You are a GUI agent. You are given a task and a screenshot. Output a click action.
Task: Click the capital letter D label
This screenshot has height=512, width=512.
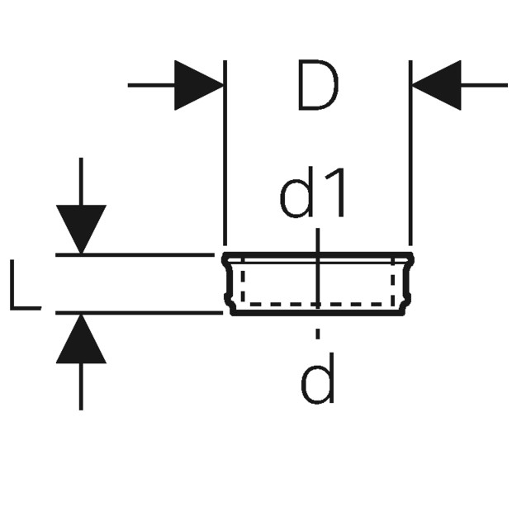tap(318, 85)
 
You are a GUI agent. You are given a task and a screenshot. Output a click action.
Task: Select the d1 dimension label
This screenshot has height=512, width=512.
tap(313, 192)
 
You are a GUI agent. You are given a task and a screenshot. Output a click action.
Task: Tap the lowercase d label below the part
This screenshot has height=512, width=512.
tap(318, 378)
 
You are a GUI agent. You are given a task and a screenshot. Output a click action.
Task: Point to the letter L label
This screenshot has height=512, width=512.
tap(26, 285)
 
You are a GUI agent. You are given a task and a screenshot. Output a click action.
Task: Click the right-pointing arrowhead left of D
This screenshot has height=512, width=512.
tap(199, 85)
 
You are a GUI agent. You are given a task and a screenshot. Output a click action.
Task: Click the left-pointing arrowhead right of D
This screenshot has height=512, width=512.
tap(436, 85)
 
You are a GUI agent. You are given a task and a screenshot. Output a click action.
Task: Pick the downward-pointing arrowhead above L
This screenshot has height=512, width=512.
tap(81, 230)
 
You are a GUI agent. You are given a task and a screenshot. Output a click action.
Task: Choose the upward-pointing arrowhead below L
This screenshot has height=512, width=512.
tap(81, 339)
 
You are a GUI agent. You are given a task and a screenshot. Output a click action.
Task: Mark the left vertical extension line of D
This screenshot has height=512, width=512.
tap(225, 153)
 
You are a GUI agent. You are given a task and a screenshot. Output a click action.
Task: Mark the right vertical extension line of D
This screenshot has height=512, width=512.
tap(410, 153)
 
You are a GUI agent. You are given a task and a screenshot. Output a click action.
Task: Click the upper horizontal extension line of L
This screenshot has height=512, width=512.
tap(135, 254)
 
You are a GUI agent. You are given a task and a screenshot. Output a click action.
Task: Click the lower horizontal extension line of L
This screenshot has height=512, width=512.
tap(139, 313)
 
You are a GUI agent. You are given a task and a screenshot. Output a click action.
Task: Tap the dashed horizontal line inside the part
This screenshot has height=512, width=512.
tap(317, 304)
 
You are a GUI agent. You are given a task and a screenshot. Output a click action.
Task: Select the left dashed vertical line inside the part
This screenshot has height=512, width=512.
tap(243, 282)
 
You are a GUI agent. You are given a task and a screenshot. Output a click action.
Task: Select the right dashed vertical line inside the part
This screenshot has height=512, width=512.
tap(393, 282)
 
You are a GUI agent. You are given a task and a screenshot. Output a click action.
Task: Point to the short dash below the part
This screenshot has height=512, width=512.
tap(318, 334)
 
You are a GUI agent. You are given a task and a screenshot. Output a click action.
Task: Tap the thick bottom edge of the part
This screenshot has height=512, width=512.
tap(318, 314)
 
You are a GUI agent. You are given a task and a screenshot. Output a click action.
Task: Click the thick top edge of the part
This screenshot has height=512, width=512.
tap(318, 254)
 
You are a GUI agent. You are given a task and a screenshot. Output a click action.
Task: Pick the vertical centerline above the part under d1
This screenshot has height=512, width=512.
tap(318, 240)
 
